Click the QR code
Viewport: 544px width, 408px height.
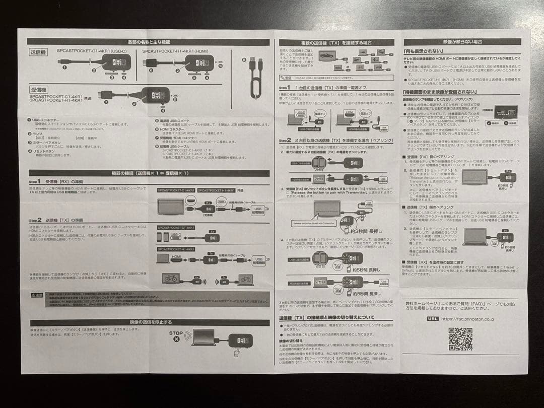click(x=460, y=338)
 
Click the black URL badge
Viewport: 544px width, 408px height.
click(x=432, y=318)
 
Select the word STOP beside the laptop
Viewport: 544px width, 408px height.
click(x=176, y=333)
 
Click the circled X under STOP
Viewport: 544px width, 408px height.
click(x=176, y=340)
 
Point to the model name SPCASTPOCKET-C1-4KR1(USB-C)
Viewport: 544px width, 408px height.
click(x=92, y=51)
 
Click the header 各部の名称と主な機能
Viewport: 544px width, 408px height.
click(x=149, y=42)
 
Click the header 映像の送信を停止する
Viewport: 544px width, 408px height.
click(x=150, y=322)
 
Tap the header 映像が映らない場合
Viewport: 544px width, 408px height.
click(x=462, y=42)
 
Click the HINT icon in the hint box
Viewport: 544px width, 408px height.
click(x=286, y=78)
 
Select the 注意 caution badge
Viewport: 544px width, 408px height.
click(x=37, y=295)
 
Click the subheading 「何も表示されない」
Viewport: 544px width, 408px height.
click(x=423, y=51)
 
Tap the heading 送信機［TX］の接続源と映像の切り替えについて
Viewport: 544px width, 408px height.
click(x=327, y=318)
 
